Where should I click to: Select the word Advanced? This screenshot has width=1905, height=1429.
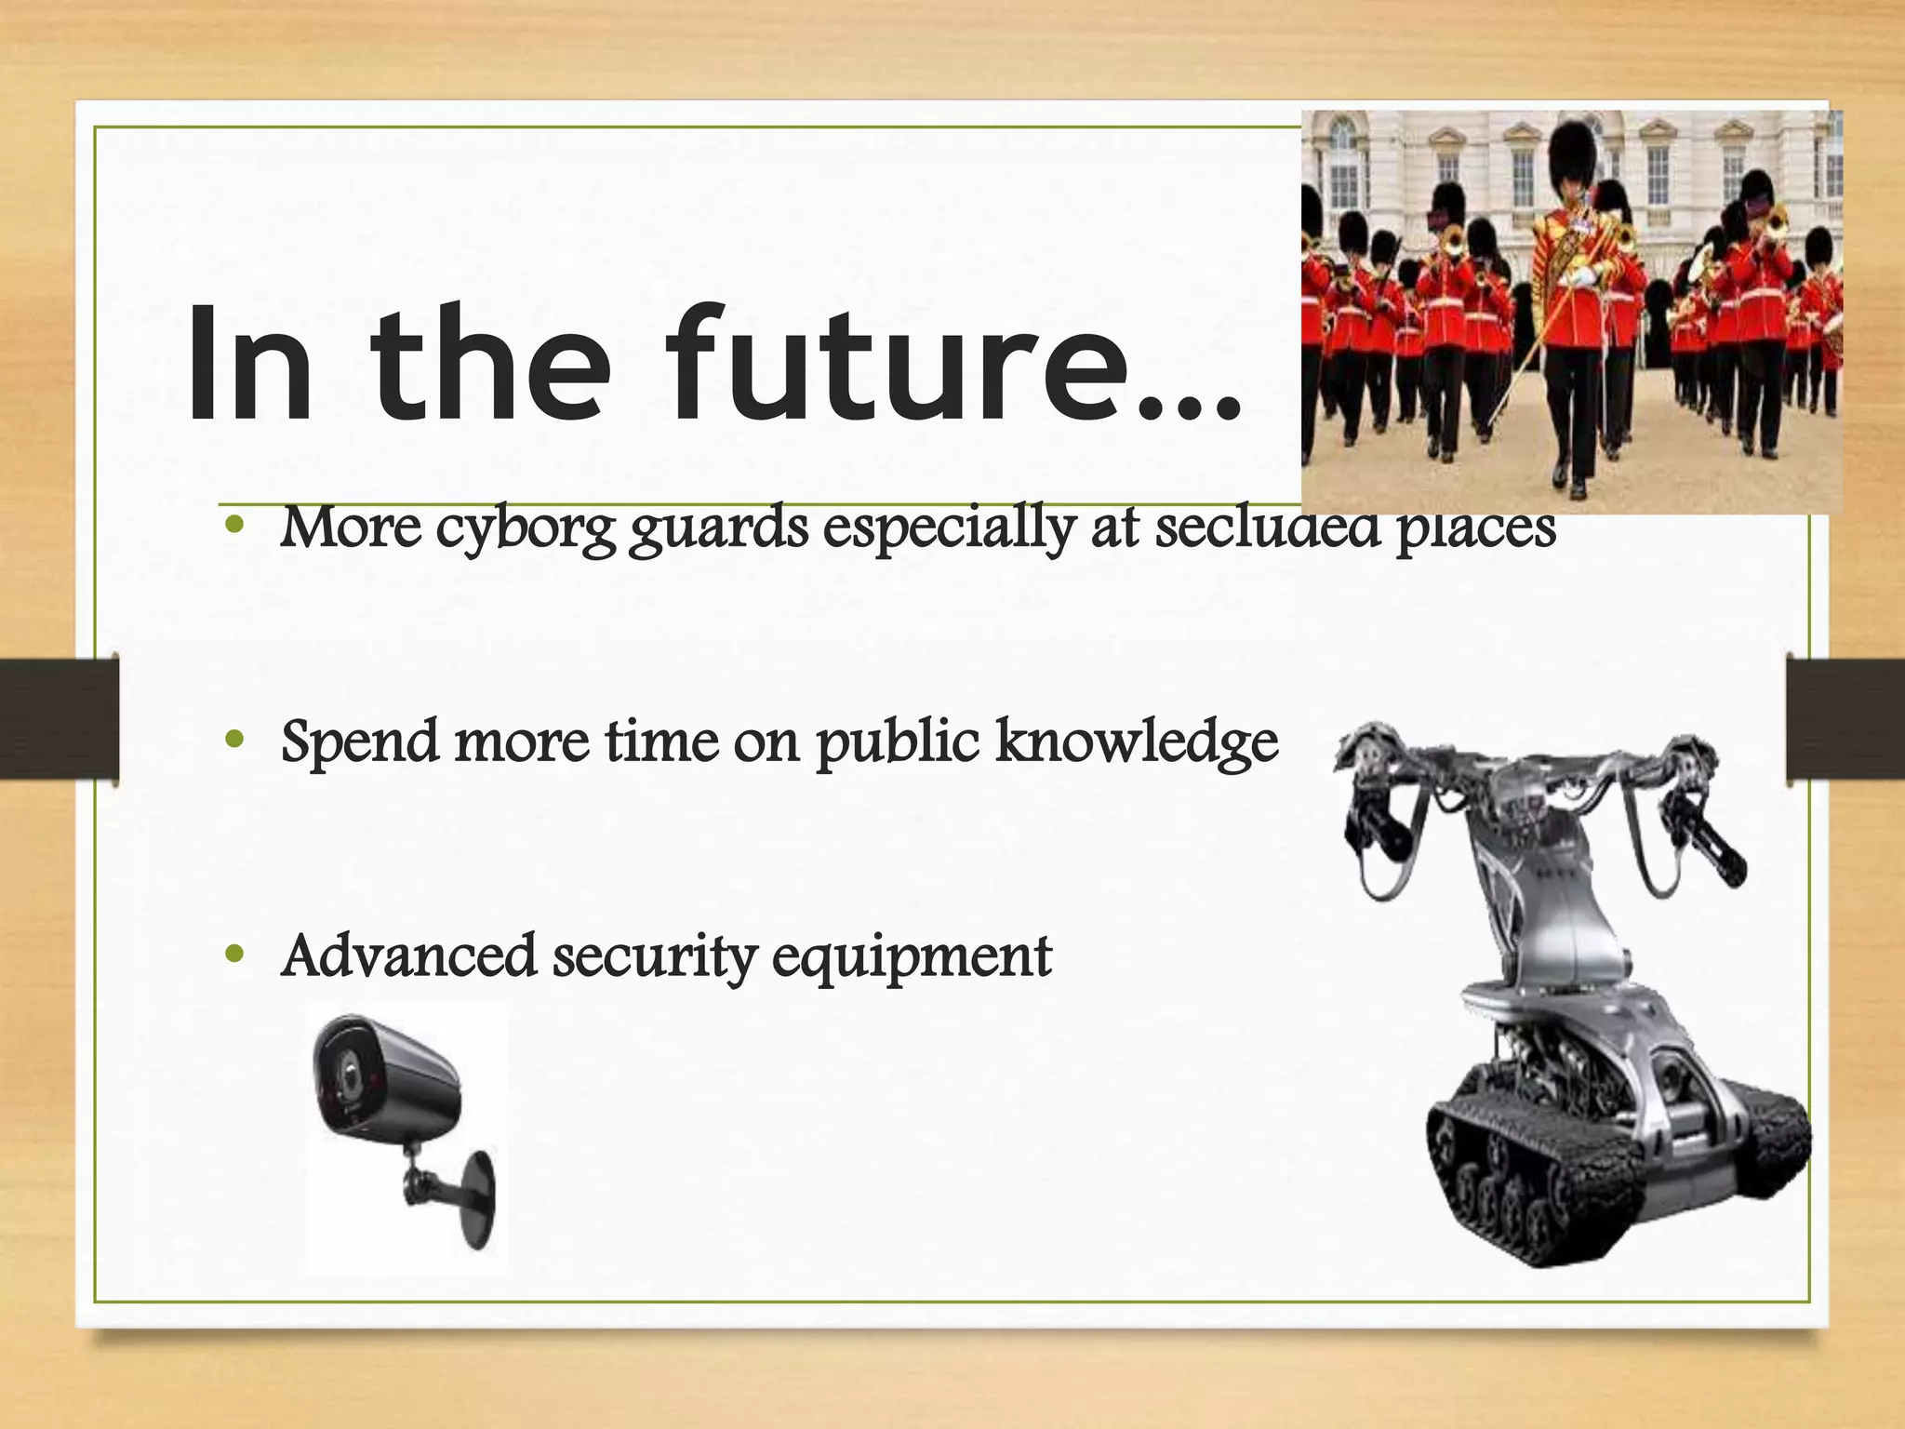(x=408, y=956)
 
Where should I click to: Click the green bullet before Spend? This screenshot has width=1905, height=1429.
(x=235, y=741)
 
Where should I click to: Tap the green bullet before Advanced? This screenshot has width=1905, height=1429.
(x=235, y=955)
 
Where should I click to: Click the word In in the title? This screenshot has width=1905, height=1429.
(x=249, y=365)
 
